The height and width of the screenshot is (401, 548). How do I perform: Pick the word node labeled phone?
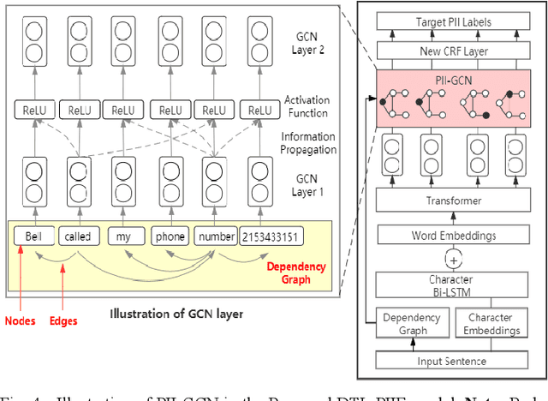point(168,236)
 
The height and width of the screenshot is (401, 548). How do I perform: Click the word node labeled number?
point(215,236)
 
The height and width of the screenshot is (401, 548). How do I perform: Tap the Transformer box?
point(453,200)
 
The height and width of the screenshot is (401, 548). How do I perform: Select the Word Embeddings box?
point(453,234)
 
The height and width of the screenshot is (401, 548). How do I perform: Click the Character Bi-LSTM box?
point(453,284)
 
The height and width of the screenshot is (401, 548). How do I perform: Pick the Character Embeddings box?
point(491,324)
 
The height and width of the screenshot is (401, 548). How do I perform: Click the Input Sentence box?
point(453,362)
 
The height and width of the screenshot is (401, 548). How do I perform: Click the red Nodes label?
point(20,322)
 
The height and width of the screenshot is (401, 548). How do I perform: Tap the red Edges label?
point(63,322)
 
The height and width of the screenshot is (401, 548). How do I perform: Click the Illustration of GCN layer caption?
point(176,314)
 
